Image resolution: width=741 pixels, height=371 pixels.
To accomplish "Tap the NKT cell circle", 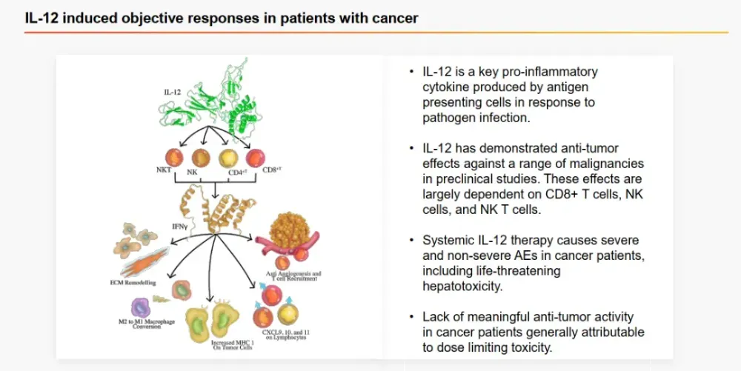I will pos(174,157).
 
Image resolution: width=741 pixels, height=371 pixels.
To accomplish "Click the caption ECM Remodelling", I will pos(139,284).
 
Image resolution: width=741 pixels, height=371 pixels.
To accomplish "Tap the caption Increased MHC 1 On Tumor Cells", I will pos(214,347).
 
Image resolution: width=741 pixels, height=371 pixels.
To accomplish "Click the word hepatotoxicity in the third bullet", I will pos(470,285).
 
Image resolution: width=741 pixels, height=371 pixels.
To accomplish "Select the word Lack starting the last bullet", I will pos(436,317).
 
